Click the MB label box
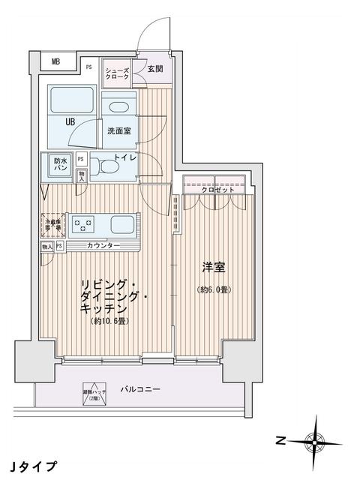55,62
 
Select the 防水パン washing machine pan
61,165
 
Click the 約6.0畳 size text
214,289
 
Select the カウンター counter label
103,246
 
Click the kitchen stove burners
85,223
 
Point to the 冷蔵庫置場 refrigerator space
52,223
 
